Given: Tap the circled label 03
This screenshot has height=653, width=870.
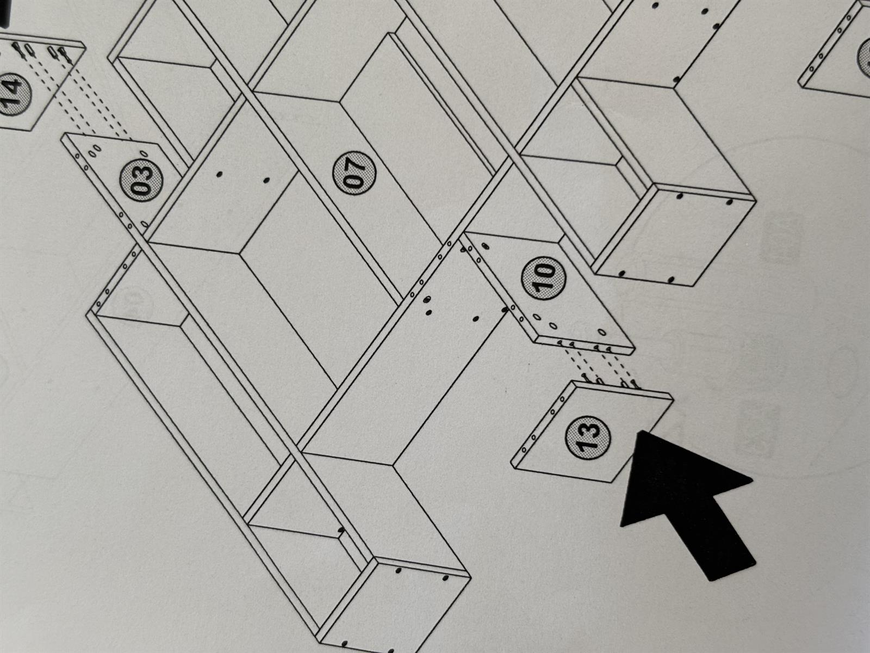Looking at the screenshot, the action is coord(141,180).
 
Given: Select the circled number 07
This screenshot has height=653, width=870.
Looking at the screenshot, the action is coord(355,173).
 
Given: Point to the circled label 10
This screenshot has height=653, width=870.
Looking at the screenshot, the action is coord(544,278).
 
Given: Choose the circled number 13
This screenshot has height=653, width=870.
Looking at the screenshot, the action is coord(588,438).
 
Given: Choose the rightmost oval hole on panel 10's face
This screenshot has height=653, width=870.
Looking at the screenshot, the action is coord(602,332).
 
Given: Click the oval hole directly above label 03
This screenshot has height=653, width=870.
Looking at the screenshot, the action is coord(144,153).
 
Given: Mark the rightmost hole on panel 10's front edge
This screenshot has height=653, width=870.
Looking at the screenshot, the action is coord(608,349).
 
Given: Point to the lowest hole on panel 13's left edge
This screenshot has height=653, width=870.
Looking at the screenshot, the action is coord(524,450).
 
